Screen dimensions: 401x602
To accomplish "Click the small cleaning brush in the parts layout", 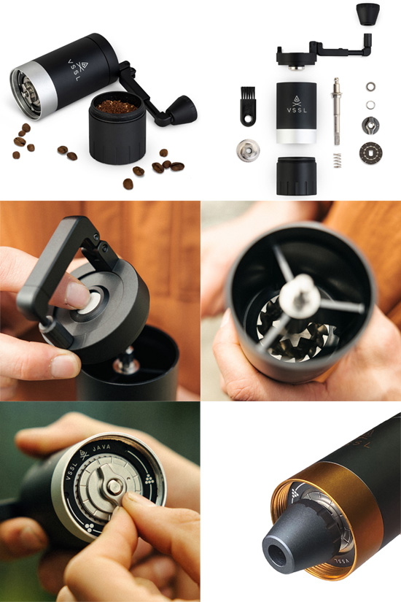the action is [x=248, y=106].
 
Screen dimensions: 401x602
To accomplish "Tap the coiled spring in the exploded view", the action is [x=337, y=160].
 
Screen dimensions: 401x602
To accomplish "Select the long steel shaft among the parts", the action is [x=337, y=112].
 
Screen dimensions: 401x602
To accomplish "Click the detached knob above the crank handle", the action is [x=367, y=14].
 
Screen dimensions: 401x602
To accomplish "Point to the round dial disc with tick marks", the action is [x=370, y=153].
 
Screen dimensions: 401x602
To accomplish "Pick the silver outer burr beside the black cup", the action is [x=247, y=150].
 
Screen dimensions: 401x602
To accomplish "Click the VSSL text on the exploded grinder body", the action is [x=297, y=109].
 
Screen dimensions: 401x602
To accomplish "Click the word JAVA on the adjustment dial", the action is [x=101, y=448].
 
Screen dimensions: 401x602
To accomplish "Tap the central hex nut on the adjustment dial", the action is [x=114, y=487].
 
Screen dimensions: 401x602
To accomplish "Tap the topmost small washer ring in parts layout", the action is [x=370, y=86].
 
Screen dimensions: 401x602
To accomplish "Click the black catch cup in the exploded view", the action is [x=296, y=176].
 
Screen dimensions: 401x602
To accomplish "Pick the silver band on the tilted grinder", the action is [x=34, y=91].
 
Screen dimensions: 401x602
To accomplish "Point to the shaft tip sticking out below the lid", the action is [x=125, y=361].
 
